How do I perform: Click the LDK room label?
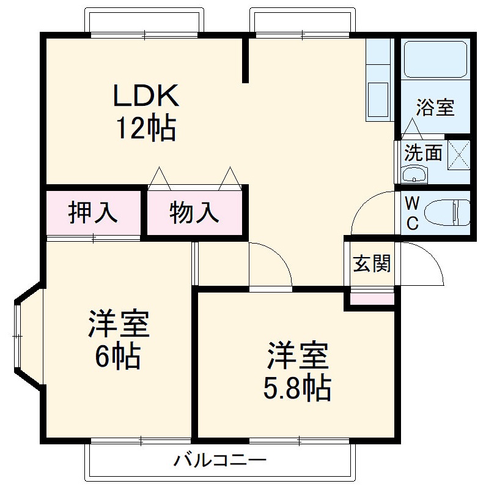[145, 95]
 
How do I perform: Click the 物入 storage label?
[194, 212]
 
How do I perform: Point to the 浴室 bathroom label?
[435, 108]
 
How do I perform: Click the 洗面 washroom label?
[422, 152]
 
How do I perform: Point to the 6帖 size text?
[118, 356]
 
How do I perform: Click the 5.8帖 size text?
[297, 387]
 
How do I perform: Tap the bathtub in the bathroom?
[435, 59]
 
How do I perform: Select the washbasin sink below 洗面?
[416, 176]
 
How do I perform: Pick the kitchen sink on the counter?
[377, 98]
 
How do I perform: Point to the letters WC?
[413, 213]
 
